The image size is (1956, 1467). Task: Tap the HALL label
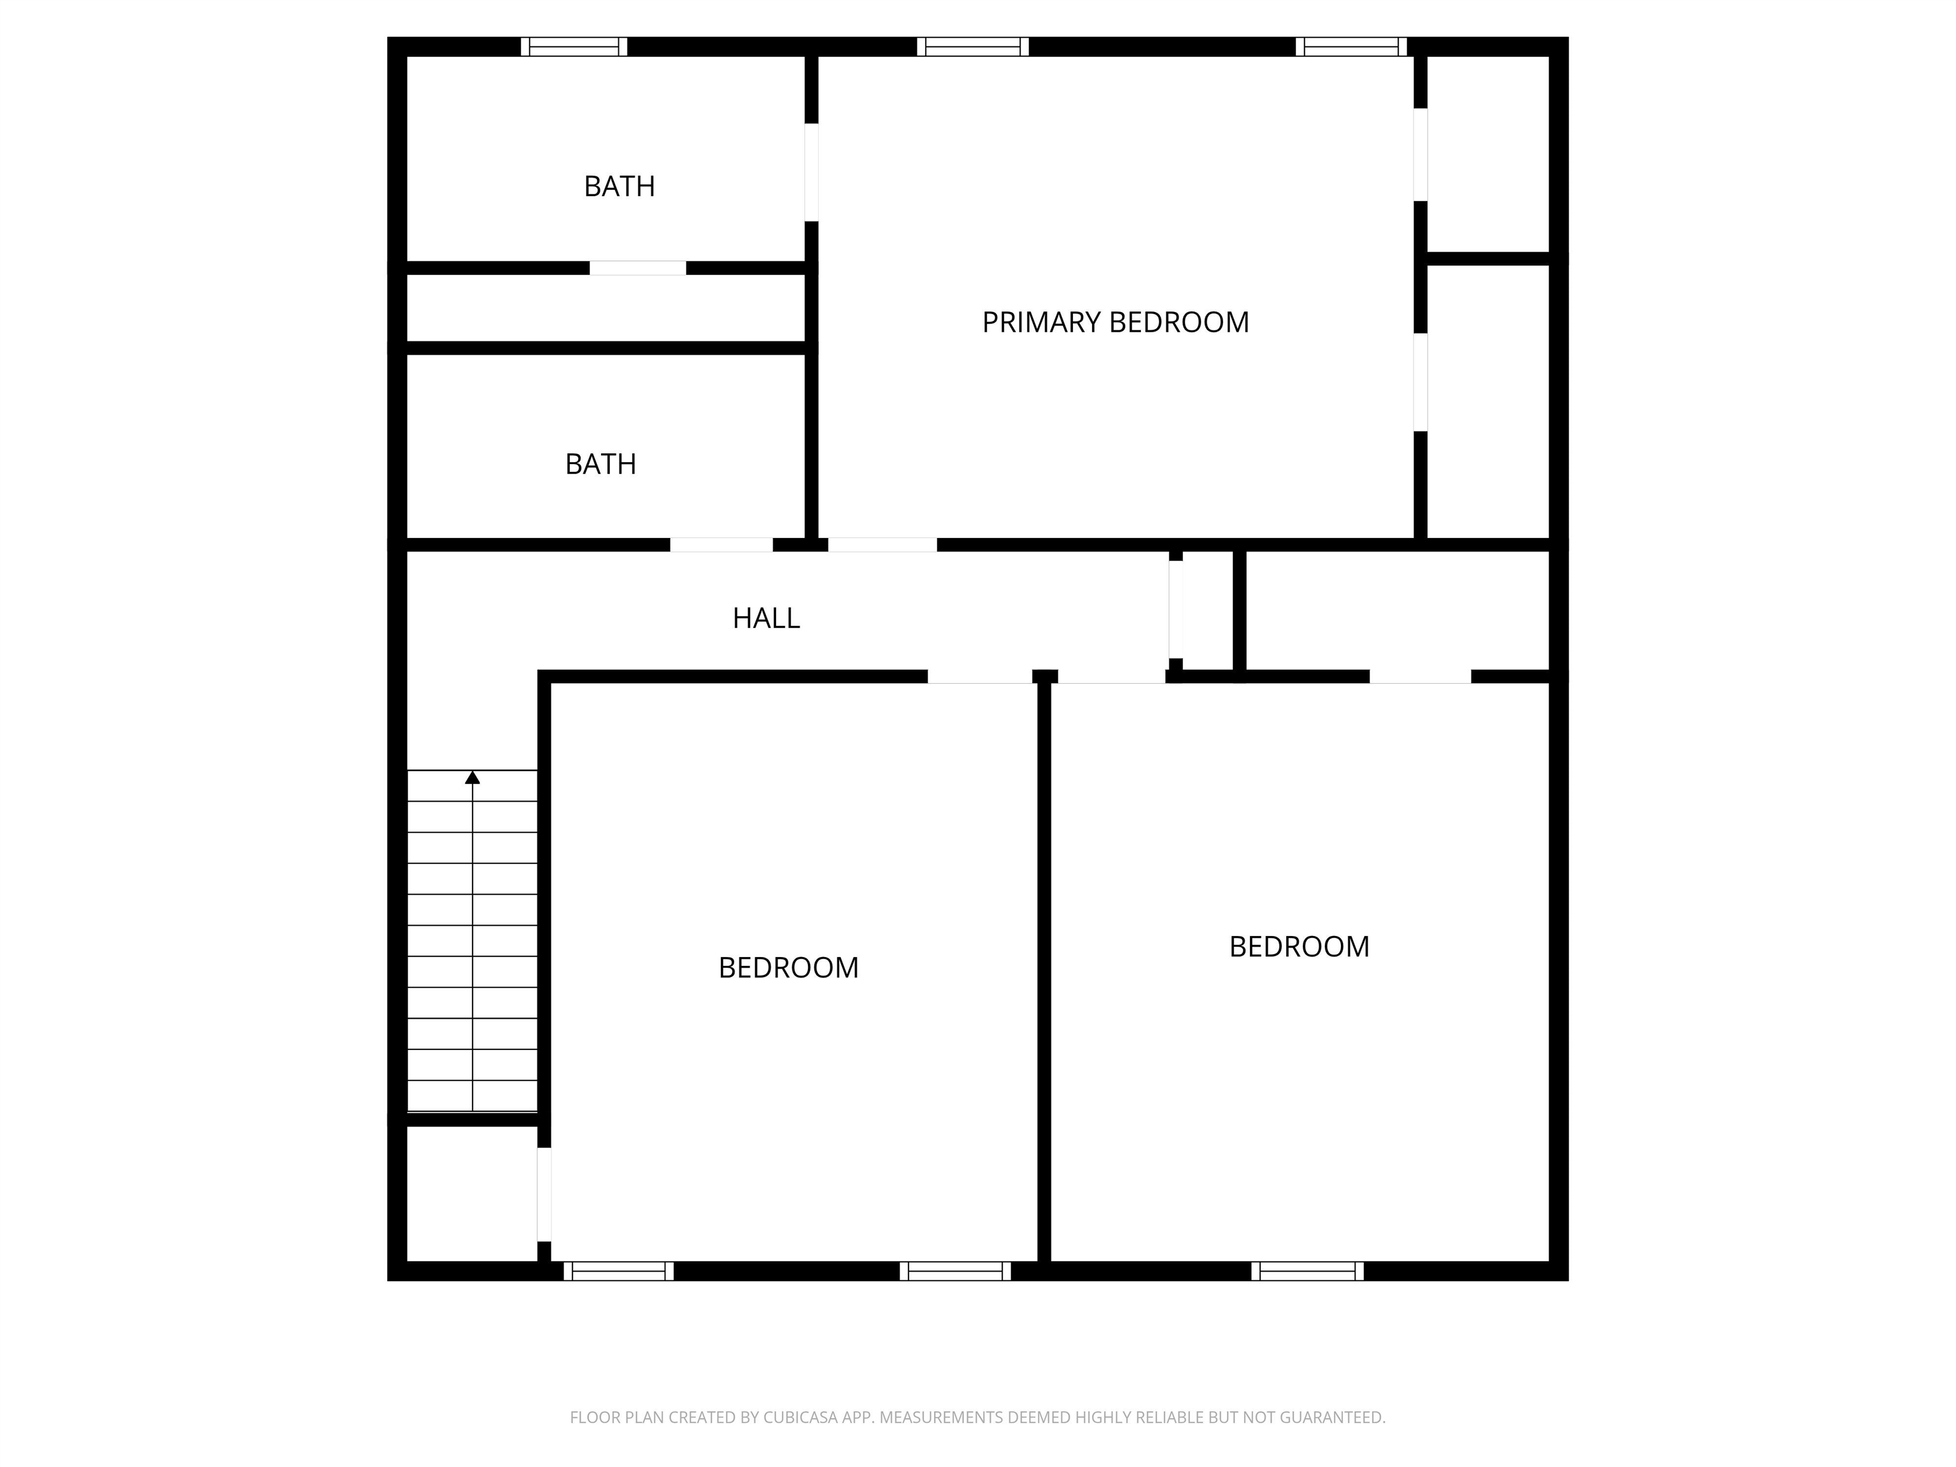pos(766,618)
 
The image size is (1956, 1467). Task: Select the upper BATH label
pos(619,187)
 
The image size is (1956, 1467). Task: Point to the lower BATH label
pos(600,464)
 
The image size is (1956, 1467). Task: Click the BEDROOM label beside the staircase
pos(788,967)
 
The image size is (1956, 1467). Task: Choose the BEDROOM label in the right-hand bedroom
pos(1299,947)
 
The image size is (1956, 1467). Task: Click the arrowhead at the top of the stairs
pos(472,777)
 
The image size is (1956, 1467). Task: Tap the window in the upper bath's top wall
pos(574,47)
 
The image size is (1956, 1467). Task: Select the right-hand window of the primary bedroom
pos(1351,47)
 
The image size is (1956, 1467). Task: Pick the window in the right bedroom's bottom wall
pos(1307,1271)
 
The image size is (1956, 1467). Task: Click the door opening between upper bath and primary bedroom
pos(811,173)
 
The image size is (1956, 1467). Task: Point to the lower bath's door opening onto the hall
pos(721,544)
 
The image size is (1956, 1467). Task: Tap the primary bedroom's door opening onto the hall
pos(882,544)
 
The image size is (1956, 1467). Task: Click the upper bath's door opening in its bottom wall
pos(637,268)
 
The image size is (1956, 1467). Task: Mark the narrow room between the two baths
pos(606,308)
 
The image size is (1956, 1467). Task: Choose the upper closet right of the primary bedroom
pos(1488,155)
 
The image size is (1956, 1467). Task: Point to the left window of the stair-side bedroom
pos(618,1271)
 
